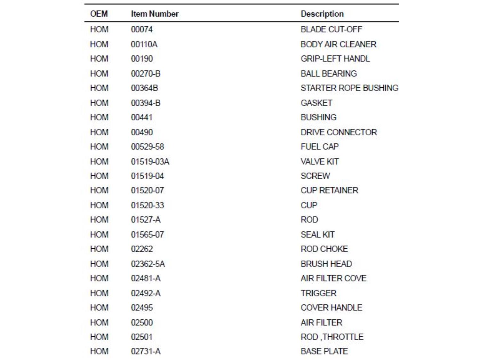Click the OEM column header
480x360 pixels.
99,14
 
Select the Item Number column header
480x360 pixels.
155,14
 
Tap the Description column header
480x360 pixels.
322,14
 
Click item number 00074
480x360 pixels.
142,29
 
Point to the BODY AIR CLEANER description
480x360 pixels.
338,44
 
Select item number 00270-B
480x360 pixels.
146,74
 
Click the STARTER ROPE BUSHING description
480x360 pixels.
349,88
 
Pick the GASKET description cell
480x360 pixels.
316,103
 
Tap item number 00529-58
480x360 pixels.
147,147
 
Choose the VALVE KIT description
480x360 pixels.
319,162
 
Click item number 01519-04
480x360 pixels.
147,176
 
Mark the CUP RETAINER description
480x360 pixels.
329,190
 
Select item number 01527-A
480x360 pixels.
146,220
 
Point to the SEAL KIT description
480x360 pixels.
317,235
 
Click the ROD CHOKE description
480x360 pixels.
324,249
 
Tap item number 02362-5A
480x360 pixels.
148,264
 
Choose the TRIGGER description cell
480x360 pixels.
318,293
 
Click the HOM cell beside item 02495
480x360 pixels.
99,308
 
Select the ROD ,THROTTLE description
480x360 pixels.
332,337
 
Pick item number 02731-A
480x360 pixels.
146,351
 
